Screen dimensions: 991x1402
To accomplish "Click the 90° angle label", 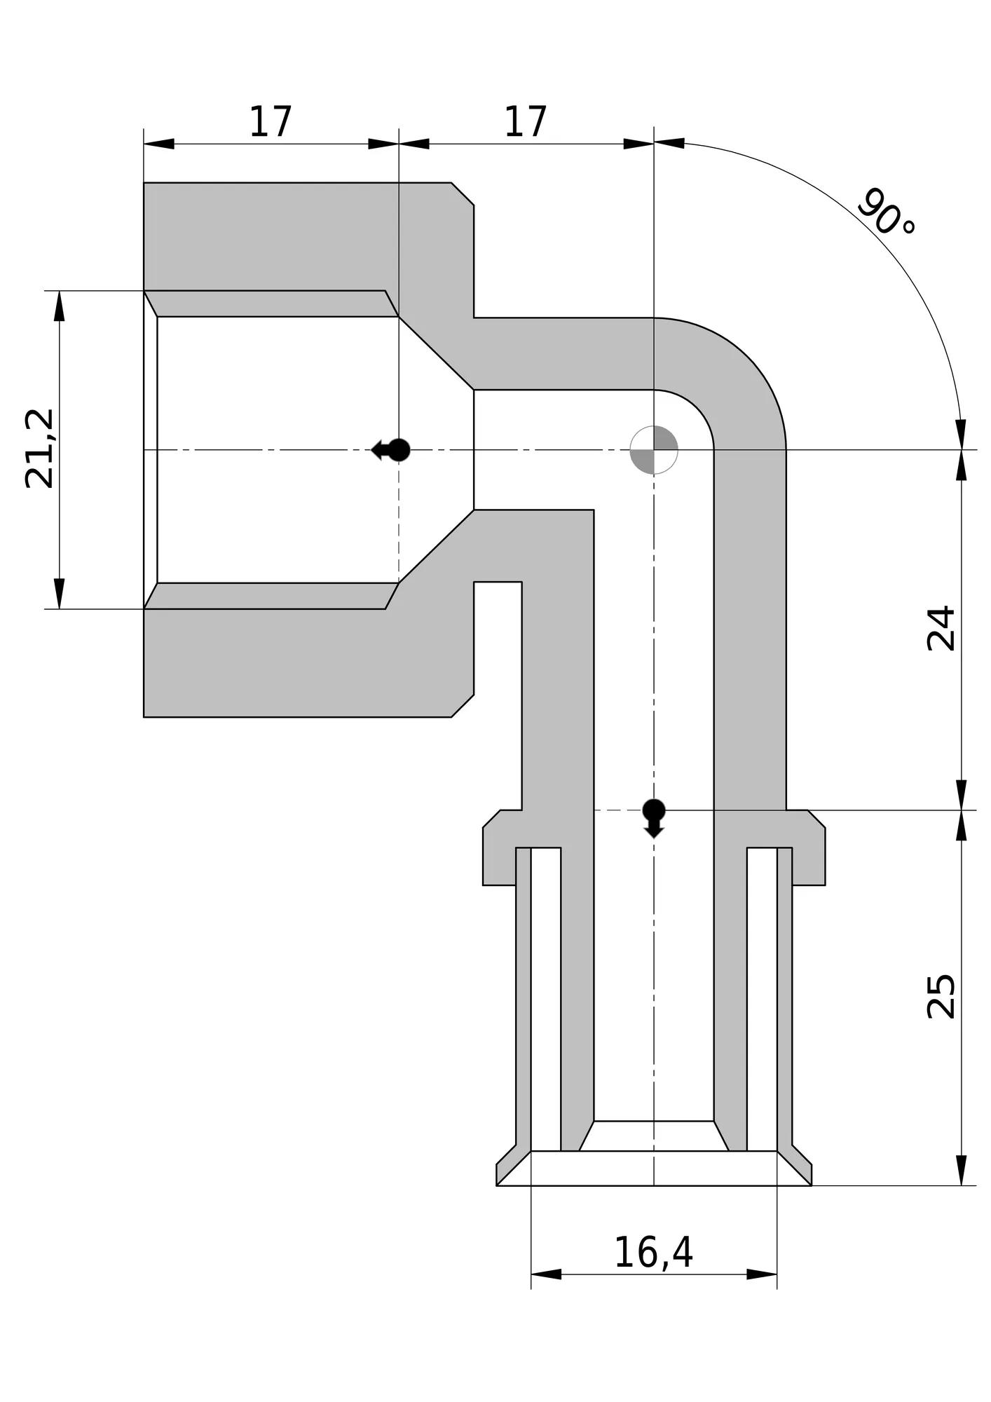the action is click(886, 212).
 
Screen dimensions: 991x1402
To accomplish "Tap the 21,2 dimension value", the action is click(40, 449).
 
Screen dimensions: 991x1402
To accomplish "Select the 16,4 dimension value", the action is click(653, 1253).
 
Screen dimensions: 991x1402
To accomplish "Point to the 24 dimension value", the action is click(941, 629).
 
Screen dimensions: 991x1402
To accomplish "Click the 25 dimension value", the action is click(941, 996).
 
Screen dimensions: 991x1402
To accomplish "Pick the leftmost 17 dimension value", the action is click(271, 122).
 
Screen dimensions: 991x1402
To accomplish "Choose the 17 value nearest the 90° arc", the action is click(526, 122).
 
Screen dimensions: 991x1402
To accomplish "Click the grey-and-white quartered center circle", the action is click(654, 450).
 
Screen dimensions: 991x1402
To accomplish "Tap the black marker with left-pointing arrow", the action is click(391, 450).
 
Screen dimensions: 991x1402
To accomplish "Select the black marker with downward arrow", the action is click(654, 818).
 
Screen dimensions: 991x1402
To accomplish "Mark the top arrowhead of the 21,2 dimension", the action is click(60, 306).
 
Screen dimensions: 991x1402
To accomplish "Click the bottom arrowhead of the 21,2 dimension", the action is click(60, 594).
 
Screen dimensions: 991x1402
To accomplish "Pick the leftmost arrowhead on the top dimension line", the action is click(159, 144).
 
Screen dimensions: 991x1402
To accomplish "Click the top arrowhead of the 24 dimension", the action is click(962, 465).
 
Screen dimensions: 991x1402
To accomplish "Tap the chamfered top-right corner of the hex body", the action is click(463, 194).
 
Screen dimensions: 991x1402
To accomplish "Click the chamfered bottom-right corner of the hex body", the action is click(463, 706).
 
